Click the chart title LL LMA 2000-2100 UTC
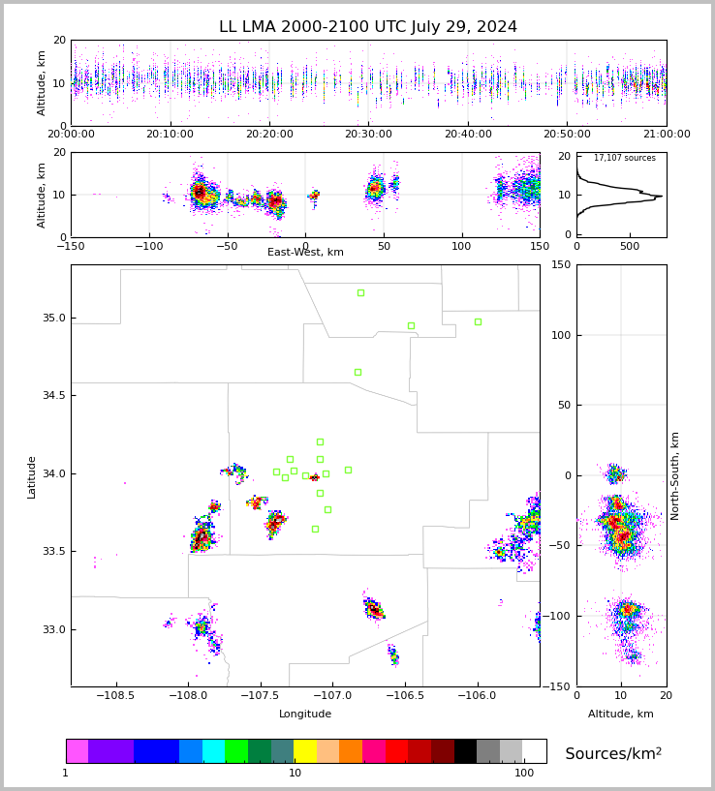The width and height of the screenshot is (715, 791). click(x=368, y=27)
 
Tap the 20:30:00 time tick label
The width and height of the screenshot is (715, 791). click(x=368, y=135)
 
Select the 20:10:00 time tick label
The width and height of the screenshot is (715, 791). click(x=171, y=135)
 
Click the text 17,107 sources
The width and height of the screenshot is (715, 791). click(x=624, y=158)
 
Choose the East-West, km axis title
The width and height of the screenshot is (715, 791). click(x=305, y=253)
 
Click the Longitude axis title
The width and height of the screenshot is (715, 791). click(x=305, y=715)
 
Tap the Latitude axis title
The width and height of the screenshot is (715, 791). click(x=32, y=476)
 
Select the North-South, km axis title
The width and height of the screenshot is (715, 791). click(x=676, y=475)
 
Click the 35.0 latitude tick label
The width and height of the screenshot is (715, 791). click(x=53, y=318)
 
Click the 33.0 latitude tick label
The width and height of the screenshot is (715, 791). click(x=53, y=629)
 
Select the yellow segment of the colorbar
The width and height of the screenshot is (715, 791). click(x=305, y=751)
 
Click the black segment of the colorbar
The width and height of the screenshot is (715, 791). click(x=465, y=751)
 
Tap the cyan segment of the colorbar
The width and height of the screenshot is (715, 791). click(x=213, y=751)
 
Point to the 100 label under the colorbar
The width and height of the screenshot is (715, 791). click(x=524, y=774)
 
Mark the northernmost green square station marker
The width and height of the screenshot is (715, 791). click(x=360, y=292)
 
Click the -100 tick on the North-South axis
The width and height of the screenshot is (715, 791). click(x=559, y=616)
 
